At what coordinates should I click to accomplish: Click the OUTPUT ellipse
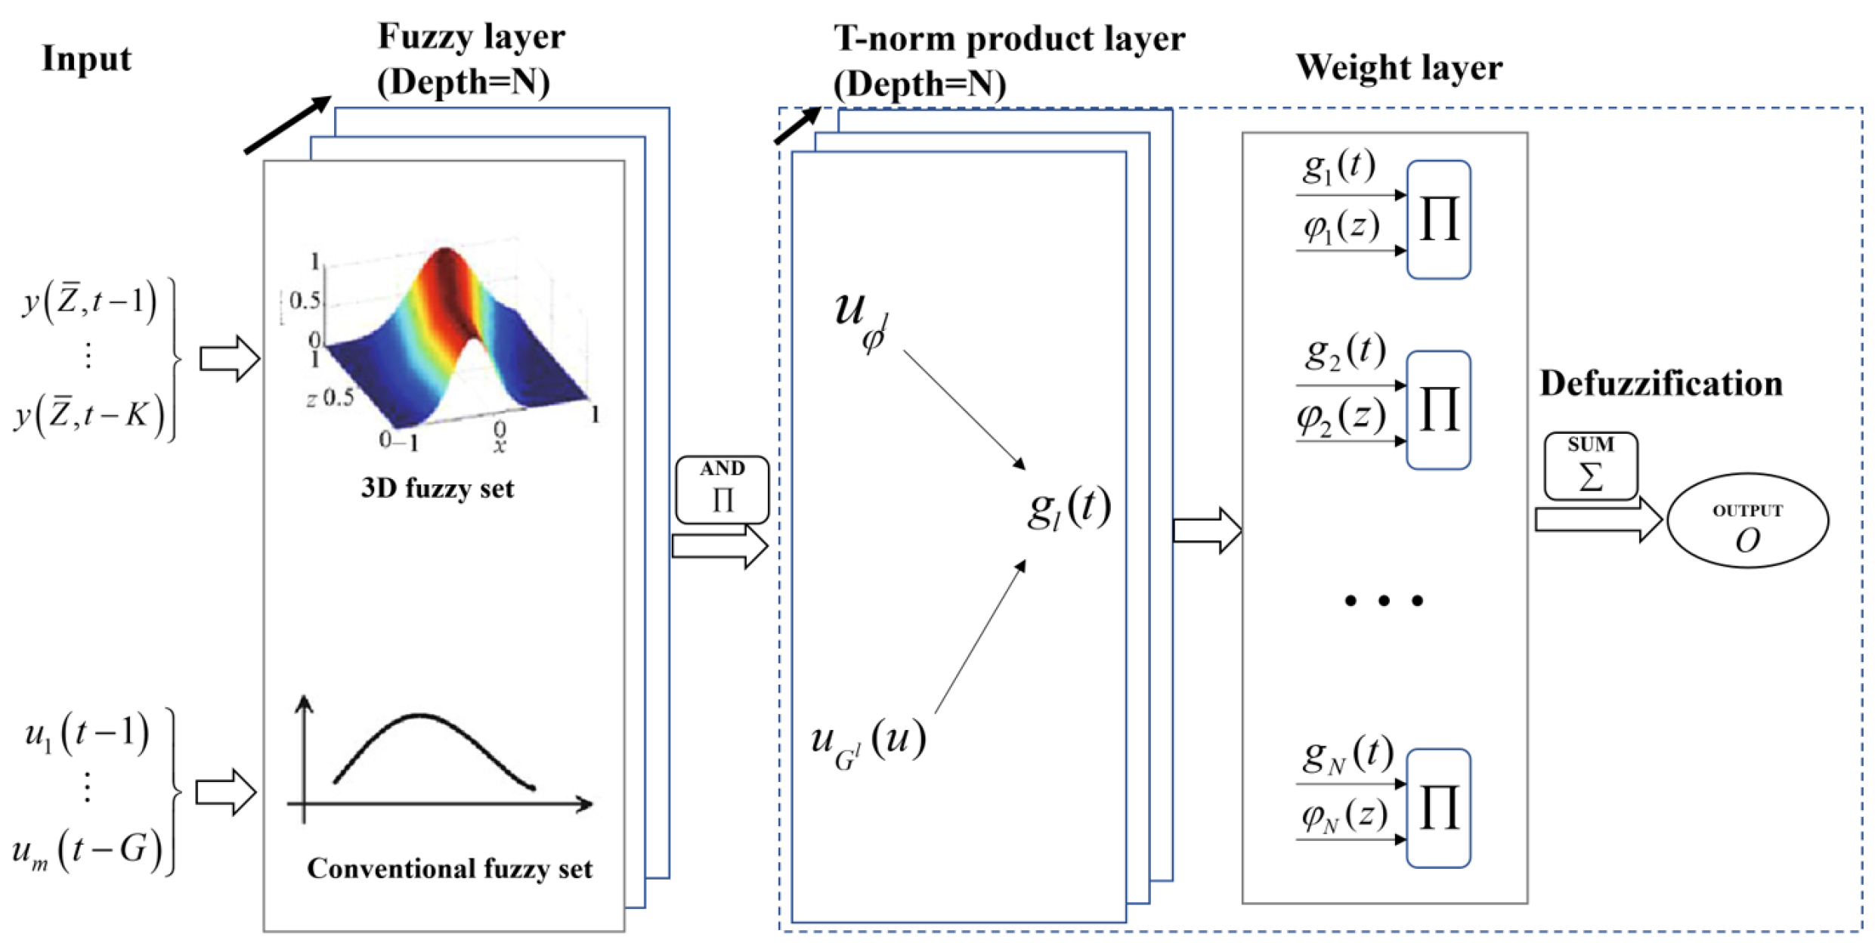click(1747, 521)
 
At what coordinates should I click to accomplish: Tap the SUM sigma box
click(1591, 466)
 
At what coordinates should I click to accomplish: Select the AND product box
click(722, 489)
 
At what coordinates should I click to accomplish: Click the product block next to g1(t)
click(1438, 220)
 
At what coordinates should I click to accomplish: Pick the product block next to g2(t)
click(1438, 410)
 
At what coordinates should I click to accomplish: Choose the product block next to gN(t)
click(1438, 808)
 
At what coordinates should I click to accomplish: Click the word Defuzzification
click(1661, 384)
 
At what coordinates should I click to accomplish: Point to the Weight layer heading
click(1399, 67)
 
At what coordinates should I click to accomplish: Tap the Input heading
click(86, 59)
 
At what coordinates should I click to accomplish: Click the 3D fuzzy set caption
click(437, 488)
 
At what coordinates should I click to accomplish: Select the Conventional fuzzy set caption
click(450, 869)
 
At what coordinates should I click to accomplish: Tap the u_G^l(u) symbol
click(868, 742)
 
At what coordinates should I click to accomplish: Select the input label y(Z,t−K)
click(89, 415)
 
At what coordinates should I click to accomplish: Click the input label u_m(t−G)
click(87, 851)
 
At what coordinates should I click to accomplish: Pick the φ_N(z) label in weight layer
click(1344, 815)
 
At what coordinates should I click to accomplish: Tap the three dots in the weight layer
click(1384, 601)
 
